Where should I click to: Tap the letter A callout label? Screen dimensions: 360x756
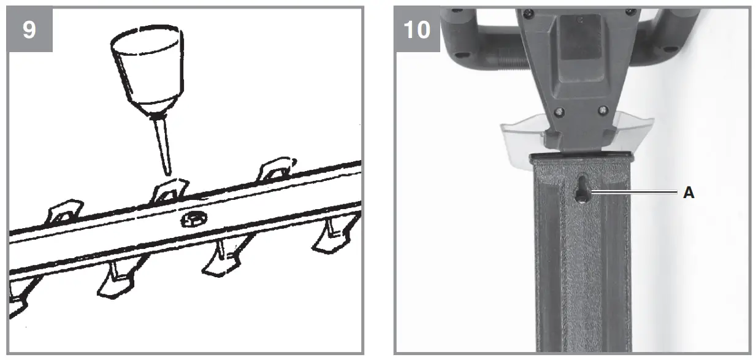689,193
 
